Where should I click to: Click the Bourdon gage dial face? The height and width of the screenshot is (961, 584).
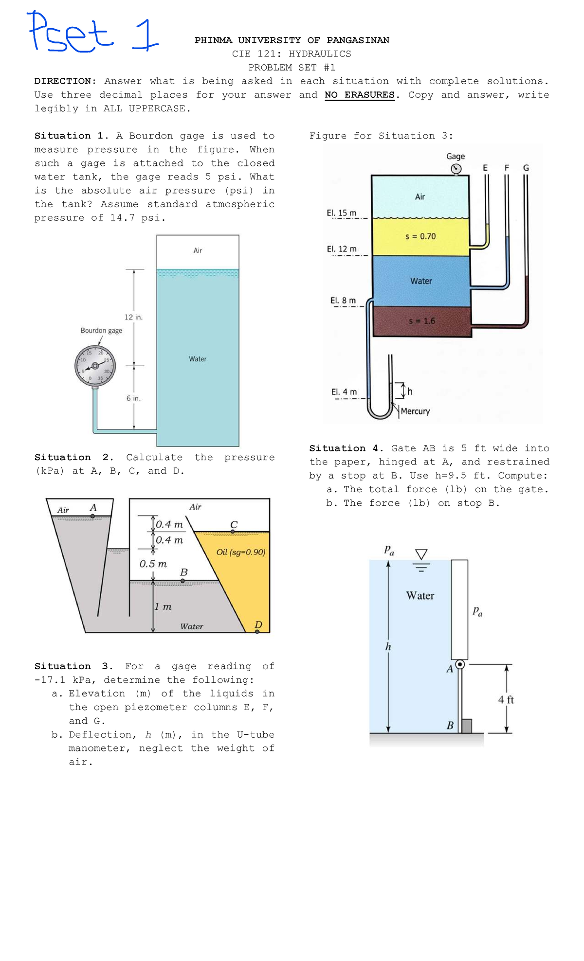point(95,365)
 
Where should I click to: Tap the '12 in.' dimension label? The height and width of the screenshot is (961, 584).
point(133,317)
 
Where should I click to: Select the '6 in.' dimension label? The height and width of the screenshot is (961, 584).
point(133,398)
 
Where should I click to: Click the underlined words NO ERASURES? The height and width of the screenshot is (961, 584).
point(360,95)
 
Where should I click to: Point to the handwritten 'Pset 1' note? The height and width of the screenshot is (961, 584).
point(92,33)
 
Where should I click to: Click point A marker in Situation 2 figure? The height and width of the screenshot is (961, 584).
point(92,516)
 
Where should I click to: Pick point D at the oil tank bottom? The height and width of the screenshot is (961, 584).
point(257,631)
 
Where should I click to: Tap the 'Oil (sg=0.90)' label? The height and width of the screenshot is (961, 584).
point(241,552)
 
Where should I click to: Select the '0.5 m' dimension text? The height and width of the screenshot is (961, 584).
point(153,564)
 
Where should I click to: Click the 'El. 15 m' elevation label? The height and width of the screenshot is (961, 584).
point(342,213)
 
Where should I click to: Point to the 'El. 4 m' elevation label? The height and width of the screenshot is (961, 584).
point(344,392)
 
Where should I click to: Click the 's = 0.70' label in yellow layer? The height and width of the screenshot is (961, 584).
point(420,236)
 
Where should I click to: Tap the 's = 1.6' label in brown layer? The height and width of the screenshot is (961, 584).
point(421,321)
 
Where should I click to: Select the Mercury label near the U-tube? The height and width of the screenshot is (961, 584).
point(415,411)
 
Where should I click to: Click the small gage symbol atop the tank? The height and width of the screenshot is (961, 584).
point(456,169)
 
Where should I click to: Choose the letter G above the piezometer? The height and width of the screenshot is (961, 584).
point(526,168)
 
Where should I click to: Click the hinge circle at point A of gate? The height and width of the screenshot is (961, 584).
point(460,664)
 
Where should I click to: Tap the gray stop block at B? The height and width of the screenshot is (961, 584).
point(466,726)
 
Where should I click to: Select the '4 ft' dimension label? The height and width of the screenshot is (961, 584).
point(506,700)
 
